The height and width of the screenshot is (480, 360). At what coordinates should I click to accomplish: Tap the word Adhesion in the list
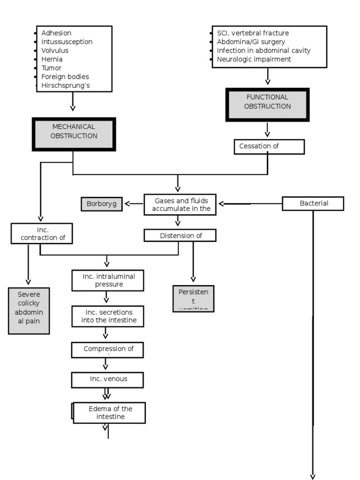56,33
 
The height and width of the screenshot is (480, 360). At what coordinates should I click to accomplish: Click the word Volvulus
55,51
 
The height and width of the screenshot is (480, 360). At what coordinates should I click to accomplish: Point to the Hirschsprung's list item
65,85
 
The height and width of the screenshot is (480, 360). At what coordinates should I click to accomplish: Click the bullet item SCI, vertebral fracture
253,33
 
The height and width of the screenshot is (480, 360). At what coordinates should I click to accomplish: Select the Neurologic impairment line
254,59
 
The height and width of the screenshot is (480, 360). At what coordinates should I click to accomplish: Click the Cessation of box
269,146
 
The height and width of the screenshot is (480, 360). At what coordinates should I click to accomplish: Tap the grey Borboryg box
101,204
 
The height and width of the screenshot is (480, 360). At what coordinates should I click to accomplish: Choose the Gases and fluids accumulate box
180,204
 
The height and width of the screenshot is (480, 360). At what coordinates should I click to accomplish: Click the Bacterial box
313,203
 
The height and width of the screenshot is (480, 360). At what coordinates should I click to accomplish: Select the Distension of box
180,235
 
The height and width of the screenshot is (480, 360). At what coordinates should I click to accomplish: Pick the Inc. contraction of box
42,233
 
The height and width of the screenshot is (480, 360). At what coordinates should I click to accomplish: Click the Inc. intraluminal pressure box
108,280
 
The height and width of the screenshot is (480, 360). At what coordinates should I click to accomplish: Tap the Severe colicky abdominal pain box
29,310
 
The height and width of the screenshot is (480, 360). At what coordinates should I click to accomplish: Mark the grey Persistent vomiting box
193,298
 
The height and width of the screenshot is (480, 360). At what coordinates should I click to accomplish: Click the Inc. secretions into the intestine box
108,316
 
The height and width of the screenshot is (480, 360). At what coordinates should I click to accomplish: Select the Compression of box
107,349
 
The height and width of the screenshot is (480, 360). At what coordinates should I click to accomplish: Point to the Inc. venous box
107,380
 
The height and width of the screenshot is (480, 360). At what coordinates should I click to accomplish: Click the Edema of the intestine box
110,412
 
